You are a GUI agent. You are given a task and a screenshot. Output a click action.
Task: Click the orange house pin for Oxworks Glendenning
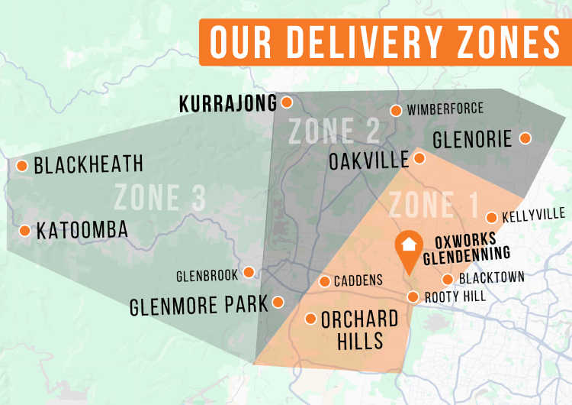coord(409,247)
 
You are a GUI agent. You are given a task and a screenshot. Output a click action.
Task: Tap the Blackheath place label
coord(88,164)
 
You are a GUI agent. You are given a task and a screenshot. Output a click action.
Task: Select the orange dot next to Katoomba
coord(24,230)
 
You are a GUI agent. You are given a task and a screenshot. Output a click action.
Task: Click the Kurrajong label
coord(227,105)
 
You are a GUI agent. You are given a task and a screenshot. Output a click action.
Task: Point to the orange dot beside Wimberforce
coord(396,111)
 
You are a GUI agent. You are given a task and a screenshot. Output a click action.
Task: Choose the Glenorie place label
coord(472,140)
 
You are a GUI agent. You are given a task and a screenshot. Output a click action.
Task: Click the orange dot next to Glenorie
coord(525,138)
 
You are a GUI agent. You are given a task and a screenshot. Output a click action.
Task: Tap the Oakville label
coord(368,161)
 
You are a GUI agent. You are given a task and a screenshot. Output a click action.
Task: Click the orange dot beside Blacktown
coord(448,279)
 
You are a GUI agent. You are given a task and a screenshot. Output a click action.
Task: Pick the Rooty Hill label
coord(455,296)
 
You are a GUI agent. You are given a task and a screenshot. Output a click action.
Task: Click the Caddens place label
coord(358,280)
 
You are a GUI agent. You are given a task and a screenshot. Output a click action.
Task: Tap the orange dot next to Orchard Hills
coord(310,318)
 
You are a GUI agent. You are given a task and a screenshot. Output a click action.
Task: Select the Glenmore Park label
coord(199,305)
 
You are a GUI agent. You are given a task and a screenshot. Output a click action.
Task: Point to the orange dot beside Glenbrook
coord(249,273)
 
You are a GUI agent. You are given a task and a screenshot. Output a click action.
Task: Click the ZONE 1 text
coord(433,205)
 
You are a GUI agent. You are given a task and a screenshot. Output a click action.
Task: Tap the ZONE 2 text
coord(334,131)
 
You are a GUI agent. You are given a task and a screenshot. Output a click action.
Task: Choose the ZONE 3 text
coord(159,198)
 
